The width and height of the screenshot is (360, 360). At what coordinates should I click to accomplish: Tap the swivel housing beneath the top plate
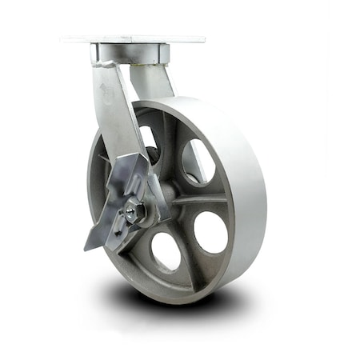click(x=132, y=54)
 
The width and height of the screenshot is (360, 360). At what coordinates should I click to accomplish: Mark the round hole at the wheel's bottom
click(x=166, y=250)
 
